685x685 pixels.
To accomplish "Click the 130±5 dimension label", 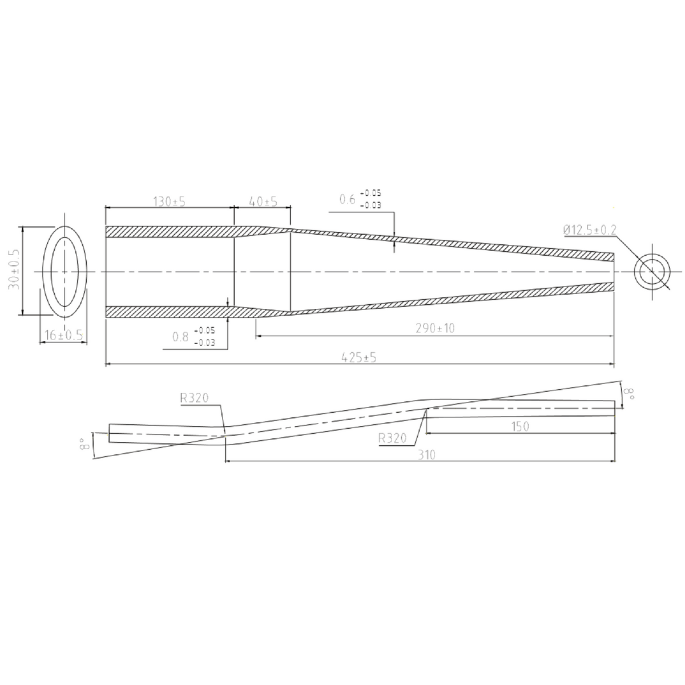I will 170,202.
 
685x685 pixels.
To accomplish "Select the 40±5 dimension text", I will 263,202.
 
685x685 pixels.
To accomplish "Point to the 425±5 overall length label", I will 358,357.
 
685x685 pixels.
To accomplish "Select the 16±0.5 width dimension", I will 63,336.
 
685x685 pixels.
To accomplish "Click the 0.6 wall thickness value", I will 347,199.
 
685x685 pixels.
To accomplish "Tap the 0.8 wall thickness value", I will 180,337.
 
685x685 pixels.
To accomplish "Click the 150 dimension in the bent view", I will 521,426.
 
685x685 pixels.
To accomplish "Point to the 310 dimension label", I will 426,454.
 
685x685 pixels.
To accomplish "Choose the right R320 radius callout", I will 392,438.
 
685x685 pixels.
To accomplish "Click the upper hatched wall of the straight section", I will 170,232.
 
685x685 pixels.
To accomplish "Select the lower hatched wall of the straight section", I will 170,312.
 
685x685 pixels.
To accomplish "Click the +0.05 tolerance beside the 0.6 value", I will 374,194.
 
